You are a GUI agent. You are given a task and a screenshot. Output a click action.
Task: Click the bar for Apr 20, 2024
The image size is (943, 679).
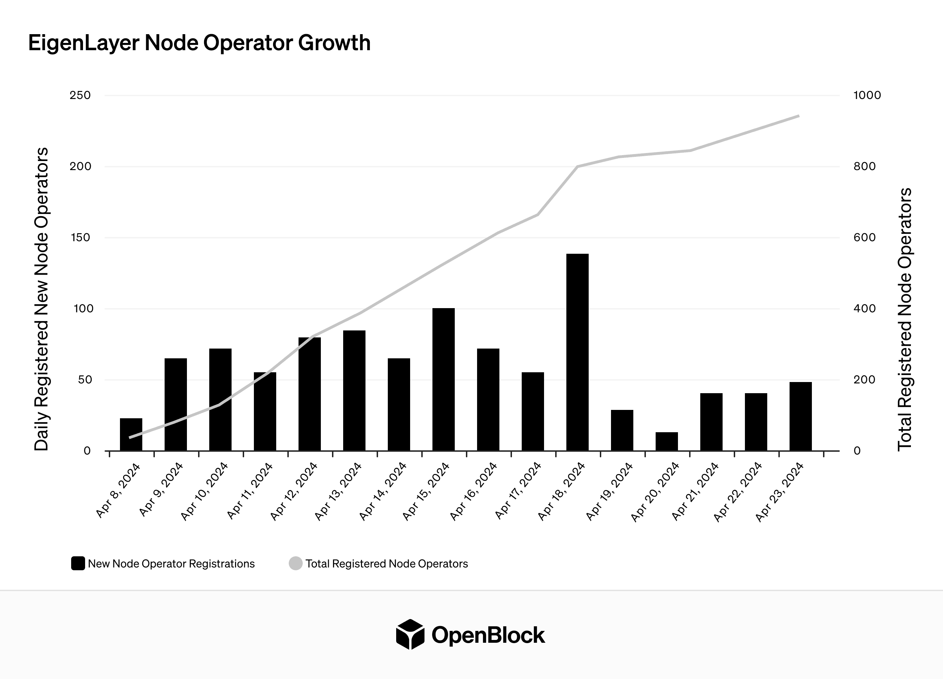pyautogui.click(x=666, y=441)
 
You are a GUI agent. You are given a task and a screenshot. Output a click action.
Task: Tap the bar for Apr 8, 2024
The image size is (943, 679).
pyautogui.click(x=131, y=434)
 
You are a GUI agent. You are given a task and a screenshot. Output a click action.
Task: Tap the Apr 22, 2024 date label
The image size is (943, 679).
pyautogui.click(x=738, y=492)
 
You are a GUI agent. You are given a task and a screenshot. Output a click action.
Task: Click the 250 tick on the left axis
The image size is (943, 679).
pyautogui.click(x=80, y=95)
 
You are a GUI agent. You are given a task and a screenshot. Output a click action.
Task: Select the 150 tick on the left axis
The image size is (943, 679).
pyautogui.click(x=80, y=238)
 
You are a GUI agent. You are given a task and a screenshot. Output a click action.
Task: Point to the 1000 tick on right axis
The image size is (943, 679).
pyautogui.click(x=867, y=95)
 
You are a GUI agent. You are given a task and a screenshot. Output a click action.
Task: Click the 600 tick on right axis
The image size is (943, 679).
pyautogui.click(x=865, y=238)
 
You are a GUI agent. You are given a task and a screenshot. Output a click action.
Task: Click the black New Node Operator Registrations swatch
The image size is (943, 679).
pyautogui.click(x=78, y=564)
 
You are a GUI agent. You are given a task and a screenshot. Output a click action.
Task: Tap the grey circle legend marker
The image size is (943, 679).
pyautogui.click(x=295, y=564)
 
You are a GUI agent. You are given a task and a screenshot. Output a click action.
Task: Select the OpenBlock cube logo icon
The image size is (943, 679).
pyautogui.click(x=410, y=634)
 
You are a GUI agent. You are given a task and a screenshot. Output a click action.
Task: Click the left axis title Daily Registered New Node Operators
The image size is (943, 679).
pyautogui.click(x=41, y=299)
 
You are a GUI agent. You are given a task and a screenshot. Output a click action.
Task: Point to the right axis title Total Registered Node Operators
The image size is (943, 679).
pyautogui.click(x=905, y=319)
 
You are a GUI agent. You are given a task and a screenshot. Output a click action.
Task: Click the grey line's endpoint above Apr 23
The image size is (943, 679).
pyautogui.click(x=798, y=116)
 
